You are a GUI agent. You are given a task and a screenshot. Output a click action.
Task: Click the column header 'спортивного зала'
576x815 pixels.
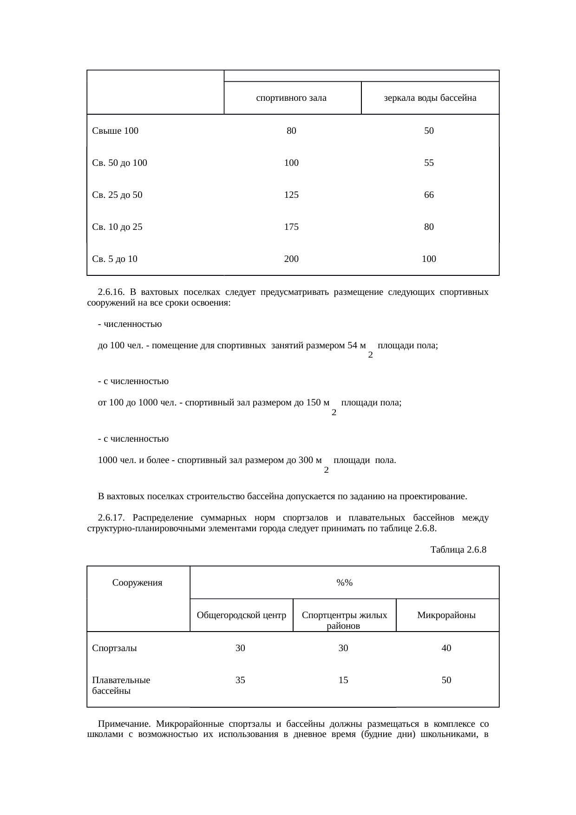[291, 98]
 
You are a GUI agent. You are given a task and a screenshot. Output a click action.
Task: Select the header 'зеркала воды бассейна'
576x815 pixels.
[430, 98]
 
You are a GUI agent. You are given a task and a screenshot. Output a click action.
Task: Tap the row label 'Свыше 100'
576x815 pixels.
[115, 131]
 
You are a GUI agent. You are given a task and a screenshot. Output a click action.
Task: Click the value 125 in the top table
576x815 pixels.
[291, 195]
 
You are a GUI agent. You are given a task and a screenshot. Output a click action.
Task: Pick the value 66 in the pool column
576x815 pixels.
[429, 195]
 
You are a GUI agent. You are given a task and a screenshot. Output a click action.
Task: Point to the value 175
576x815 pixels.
[291, 227]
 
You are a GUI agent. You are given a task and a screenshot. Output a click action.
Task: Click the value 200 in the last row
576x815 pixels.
[291, 259]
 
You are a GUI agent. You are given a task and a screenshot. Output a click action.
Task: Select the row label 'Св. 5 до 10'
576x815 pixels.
[115, 259]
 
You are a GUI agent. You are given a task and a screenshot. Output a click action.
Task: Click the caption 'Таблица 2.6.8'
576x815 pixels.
[458, 550]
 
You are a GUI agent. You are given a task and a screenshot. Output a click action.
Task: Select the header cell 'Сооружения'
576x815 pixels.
[137, 583]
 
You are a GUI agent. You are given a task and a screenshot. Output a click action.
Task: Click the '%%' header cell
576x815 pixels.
[344, 583]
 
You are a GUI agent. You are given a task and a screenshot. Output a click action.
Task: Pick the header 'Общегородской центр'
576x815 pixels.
[241, 616]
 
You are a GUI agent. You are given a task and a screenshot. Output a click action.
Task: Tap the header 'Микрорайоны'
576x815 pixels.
[446, 616]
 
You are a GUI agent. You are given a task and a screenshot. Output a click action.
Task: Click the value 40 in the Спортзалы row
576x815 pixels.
[446, 648]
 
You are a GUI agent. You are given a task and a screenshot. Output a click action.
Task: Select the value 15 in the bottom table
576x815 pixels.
[343, 680]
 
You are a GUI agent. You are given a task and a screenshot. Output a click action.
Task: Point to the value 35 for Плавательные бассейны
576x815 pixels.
[240, 680]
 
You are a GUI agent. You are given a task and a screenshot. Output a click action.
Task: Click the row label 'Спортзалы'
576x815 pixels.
[114, 648]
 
